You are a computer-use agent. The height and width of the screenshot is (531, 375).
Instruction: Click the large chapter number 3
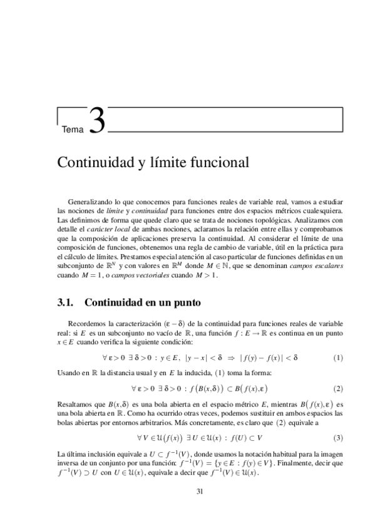click(97, 121)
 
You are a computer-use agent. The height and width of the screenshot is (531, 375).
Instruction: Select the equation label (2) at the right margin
click(338, 388)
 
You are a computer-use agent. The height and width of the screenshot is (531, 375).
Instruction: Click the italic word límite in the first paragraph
click(133, 210)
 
